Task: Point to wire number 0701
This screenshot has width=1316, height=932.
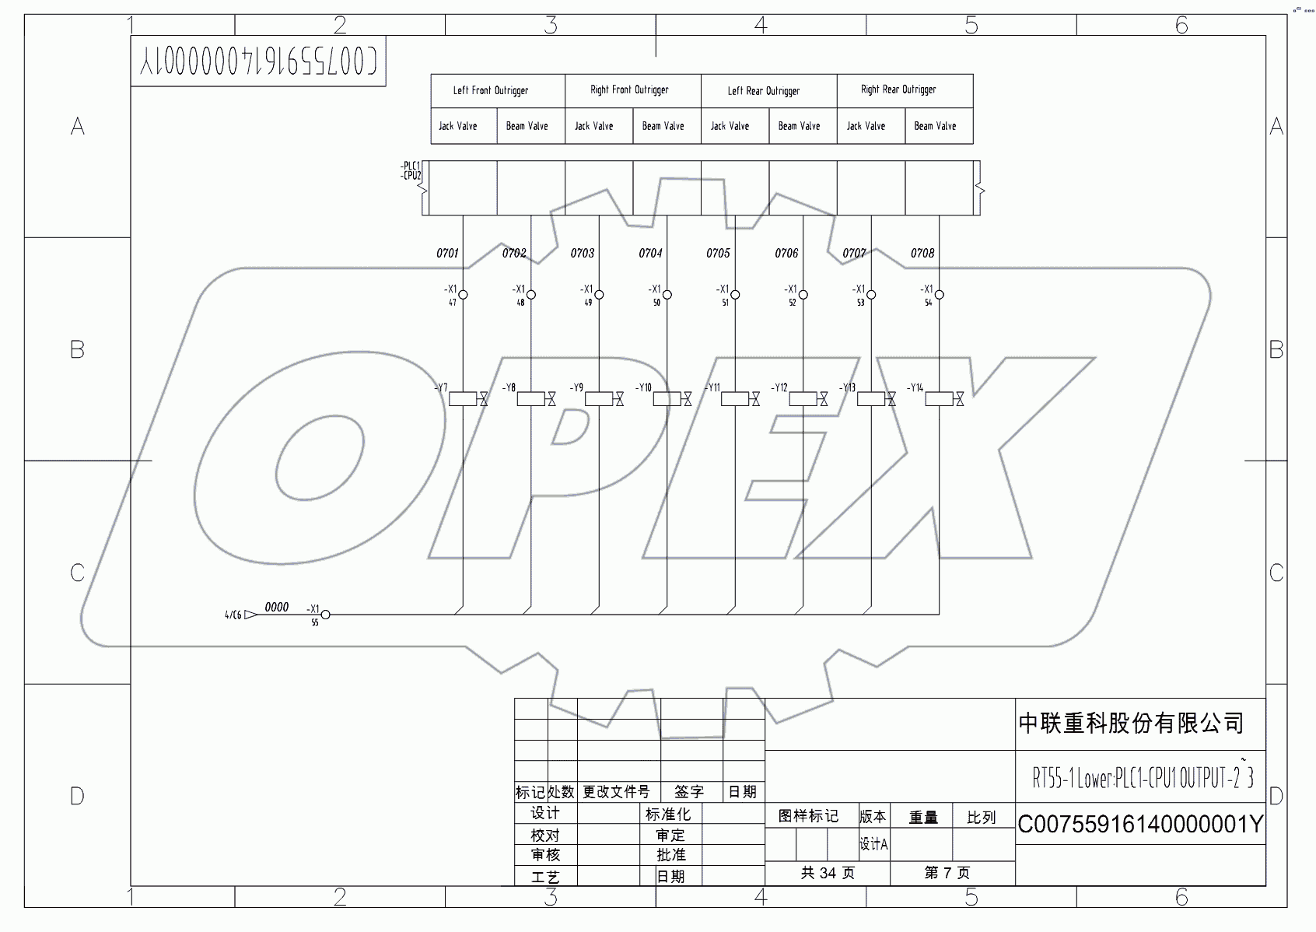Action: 447,254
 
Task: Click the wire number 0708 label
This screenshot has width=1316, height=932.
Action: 922,254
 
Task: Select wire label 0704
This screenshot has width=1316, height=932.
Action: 650,254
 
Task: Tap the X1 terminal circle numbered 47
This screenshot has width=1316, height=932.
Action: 463,295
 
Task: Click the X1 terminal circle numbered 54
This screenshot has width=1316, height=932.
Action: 939,295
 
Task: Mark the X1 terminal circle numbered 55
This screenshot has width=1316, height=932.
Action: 325,615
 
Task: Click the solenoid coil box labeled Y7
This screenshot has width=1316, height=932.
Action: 463,399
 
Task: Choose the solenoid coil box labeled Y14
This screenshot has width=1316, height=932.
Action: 939,399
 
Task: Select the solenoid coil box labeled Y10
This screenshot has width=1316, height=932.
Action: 667,399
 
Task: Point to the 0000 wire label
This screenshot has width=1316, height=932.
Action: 277,608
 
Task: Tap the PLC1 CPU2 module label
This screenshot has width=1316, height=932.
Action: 411,170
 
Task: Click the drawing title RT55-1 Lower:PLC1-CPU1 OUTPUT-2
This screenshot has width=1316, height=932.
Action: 1141,777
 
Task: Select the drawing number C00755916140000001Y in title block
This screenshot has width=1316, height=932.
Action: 1140,825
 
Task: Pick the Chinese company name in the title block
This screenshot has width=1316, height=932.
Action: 1131,724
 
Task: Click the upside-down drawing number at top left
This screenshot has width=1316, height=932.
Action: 258,61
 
